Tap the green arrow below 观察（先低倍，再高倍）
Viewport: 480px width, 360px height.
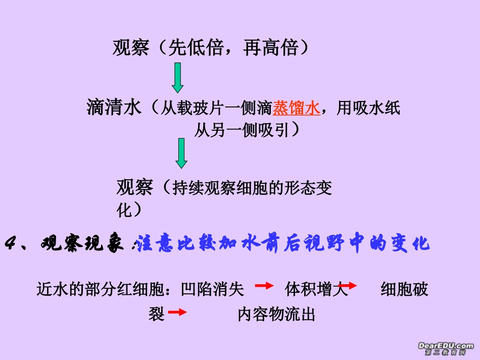coord(177,78)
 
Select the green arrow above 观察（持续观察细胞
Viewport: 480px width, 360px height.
coord(181,153)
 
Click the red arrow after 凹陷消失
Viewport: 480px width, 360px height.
coord(264,286)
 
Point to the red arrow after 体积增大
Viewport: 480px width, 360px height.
coord(348,286)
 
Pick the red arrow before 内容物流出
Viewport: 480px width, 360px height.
coord(177,313)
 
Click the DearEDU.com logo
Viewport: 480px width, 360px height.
coord(445,348)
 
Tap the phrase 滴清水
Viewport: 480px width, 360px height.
coord(114,108)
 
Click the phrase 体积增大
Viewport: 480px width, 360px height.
coord(317,289)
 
